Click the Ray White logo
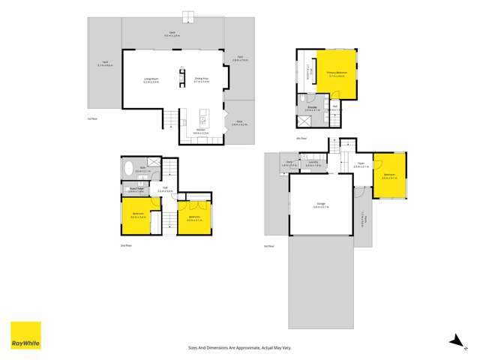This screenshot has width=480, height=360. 25,335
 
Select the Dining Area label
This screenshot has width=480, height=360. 202,78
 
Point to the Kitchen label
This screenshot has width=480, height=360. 202,131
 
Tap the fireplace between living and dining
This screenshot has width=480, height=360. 182,75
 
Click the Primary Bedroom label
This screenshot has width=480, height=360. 334,73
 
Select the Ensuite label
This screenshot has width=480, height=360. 312,108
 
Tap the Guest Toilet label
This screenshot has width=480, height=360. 136,189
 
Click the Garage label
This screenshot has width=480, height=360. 320,205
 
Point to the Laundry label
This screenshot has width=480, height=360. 312,163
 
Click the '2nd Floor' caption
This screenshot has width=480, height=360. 126,245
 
